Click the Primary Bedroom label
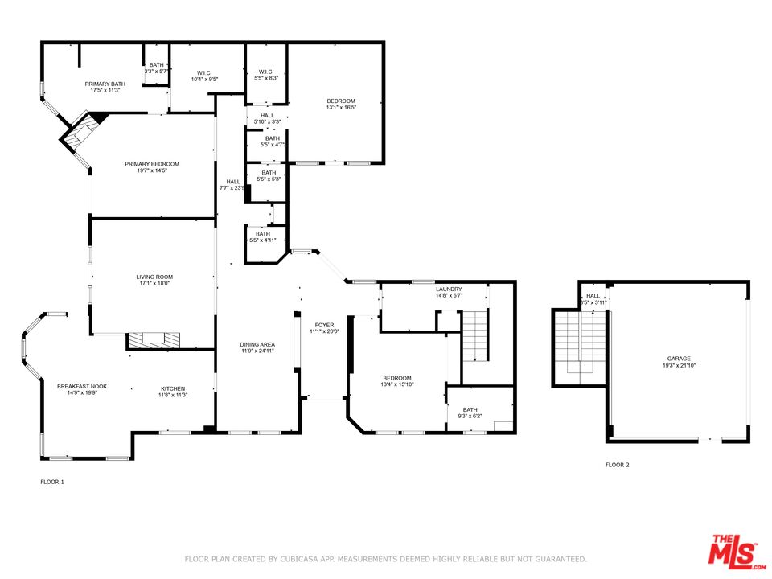coord(152,164)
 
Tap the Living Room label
coord(153,277)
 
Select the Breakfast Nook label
coord(81,387)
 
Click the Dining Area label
coord(257,344)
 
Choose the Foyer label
coord(324,326)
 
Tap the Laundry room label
coord(449,289)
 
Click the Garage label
coord(678,359)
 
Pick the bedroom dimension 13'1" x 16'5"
coord(341,107)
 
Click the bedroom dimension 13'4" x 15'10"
coord(397,384)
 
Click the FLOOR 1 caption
coord(52,482)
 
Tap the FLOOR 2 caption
coord(618,465)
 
